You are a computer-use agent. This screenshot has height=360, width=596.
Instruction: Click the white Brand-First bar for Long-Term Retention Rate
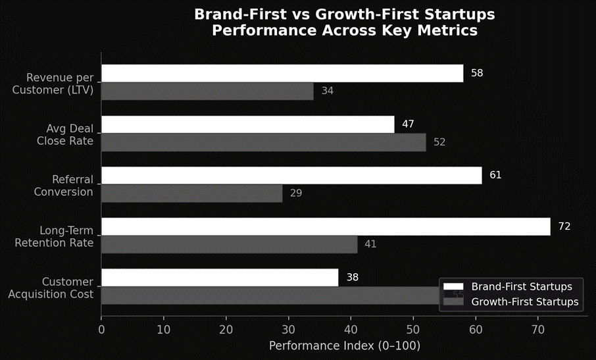pos(325,226)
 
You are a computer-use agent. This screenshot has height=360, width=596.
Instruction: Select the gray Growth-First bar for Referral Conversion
pos(191,193)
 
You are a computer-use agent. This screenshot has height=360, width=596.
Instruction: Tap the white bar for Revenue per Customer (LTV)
pos(282,73)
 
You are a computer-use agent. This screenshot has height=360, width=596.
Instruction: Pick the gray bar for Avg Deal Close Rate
pos(263,142)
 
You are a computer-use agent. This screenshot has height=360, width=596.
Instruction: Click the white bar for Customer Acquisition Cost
pos(219,277)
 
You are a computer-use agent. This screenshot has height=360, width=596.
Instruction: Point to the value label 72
pos(564,226)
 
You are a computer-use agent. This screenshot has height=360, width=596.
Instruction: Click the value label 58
pos(477,73)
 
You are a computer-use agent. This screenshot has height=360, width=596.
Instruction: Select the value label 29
pos(296,193)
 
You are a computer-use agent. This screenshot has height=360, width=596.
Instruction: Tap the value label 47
pos(408,124)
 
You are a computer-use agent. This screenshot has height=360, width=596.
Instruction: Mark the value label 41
pos(370,244)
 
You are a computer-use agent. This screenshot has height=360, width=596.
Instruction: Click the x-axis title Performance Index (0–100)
pos(344,346)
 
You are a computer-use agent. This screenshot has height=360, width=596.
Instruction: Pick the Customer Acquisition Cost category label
pos(51,288)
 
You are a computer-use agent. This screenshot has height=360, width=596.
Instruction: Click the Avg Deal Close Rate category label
pos(65,134)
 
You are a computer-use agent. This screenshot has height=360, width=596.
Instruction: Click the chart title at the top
pos(344,22)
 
